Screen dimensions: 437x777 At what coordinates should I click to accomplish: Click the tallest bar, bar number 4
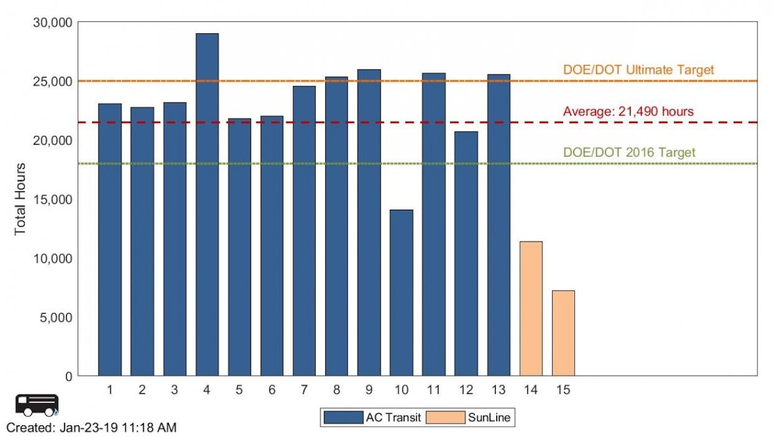[x=207, y=204]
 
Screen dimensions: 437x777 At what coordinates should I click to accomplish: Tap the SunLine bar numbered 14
[x=531, y=308]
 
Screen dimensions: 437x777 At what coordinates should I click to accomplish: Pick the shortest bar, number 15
[x=563, y=333]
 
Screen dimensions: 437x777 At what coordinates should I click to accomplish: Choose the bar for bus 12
[x=466, y=253]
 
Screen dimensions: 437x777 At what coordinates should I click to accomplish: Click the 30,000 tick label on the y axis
[x=52, y=22]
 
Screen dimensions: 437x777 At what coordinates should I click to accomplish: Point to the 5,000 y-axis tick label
[x=56, y=318]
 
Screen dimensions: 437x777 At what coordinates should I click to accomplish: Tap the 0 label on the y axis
[x=68, y=376]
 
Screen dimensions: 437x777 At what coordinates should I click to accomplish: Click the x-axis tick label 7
[x=304, y=390]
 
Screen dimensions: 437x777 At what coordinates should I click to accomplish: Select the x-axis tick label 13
[x=498, y=390]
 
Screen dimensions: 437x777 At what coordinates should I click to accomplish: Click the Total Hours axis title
[x=20, y=199]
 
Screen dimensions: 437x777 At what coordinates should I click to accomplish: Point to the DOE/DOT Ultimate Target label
[x=638, y=70]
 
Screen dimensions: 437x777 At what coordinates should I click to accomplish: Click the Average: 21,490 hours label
[x=628, y=111]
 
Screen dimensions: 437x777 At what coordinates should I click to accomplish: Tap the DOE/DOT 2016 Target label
[x=629, y=152]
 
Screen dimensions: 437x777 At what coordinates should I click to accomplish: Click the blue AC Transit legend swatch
[x=343, y=418]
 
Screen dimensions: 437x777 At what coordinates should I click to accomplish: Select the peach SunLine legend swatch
[x=445, y=418]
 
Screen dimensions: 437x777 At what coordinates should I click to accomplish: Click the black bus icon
[x=37, y=405]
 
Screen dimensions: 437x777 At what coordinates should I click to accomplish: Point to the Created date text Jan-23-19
[x=88, y=428]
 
